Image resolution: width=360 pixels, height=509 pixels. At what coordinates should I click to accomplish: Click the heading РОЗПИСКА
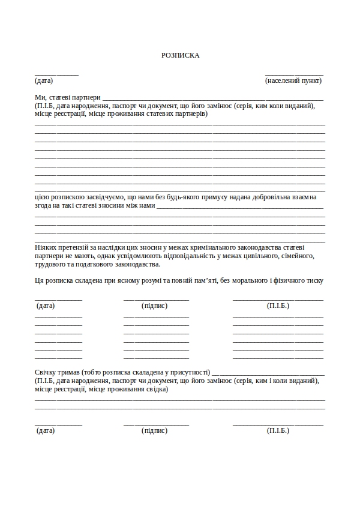click(x=180, y=55)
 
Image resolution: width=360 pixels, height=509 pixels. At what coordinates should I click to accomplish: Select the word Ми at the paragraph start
click(x=39, y=97)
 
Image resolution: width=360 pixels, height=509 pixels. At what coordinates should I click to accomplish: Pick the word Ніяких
click(x=46, y=247)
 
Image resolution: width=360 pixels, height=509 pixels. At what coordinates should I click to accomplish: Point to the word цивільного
click(x=257, y=256)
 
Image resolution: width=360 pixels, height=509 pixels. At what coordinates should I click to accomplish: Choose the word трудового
click(x=50, y=264)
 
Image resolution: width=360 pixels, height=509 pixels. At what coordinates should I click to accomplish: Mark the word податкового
click(x=101, y=264)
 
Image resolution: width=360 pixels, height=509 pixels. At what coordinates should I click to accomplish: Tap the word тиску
click(x=314, y=280)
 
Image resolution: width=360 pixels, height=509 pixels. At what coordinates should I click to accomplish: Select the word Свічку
click(x=46, y=372)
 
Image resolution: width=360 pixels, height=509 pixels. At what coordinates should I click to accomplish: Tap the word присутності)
click(x=190, y=372)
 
